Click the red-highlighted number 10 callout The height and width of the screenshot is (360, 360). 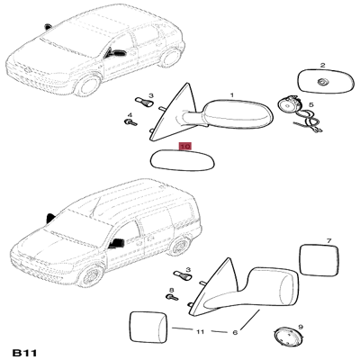(x=185, y=146)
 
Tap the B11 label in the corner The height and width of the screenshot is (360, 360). (x=24, y=353)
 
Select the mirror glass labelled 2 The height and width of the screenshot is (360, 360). (x=325, y=81)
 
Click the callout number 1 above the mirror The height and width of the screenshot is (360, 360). (x=231, y=95)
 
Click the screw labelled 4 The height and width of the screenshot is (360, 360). (x=130, y=121)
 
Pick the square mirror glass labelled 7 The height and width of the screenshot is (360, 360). (x=319, y=260)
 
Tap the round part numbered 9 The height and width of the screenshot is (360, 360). (x=288, y=337)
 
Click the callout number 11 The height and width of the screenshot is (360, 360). (x=200, y=331)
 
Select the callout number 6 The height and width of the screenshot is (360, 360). (x=235, y=332)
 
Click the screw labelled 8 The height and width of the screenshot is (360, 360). (x=172, y=297)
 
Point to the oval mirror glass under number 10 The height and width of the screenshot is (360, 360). (x=183, y=160)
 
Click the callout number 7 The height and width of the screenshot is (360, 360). (x=328, y=240)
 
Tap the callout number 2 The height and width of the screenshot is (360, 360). (x=322, y=65)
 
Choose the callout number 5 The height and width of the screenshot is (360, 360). (x=311, y=105)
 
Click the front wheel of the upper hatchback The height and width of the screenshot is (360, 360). (x=88, y=85)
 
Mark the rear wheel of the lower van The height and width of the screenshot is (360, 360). (x=179, y=246)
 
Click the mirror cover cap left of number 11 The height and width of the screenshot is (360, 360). (x=148, y=327)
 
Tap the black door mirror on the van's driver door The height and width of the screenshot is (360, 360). (x=117, y=243)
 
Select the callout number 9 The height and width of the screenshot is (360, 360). (x=301, y=327)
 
